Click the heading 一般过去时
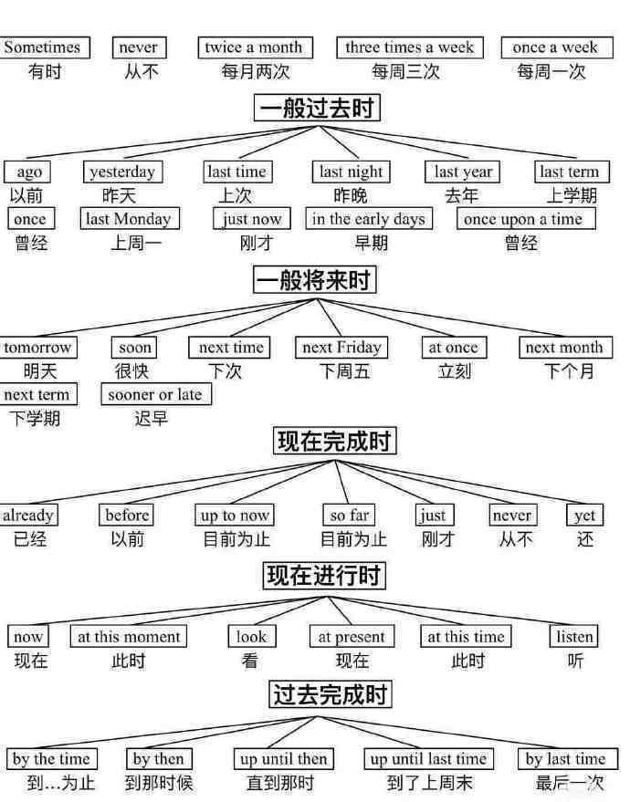tap(317, 108)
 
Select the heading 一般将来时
tap(315, 280)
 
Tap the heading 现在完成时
tap(335, 441)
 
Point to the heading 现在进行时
tap(324, 575)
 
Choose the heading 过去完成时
tap(331, 694)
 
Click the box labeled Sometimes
tap(44, 47)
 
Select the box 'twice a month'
tap(255, 47)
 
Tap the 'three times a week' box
tap(409, 47)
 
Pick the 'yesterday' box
tap(123, 172)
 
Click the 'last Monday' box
tap(130, 219)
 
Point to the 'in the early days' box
tap(369, 219)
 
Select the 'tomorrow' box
tap(38, 348)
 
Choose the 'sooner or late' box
tap(156, 394)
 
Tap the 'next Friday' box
tap(341, 348)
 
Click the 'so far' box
tap(349, 516)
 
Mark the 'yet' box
tap(584, 516)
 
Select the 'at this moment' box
tap(129, 636)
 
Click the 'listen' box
tap(573, 636)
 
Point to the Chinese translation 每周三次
tap(405, 71)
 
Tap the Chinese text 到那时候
tap(159, 783)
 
